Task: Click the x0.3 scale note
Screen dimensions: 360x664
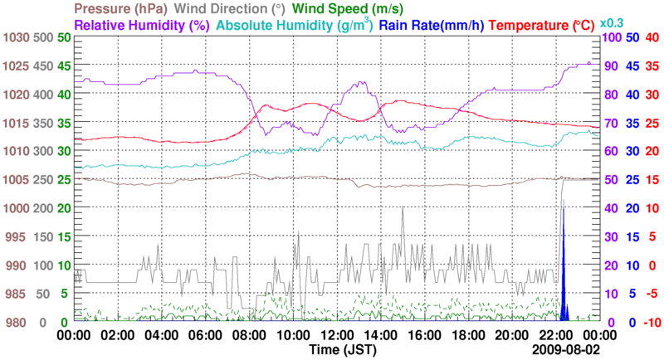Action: click(x=612, y=22)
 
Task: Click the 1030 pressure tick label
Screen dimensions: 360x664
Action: click(x=15, y=38)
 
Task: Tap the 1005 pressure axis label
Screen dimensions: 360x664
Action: click(x=15, y=180)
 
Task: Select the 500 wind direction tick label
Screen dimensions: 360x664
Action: click(x=43, y=38)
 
